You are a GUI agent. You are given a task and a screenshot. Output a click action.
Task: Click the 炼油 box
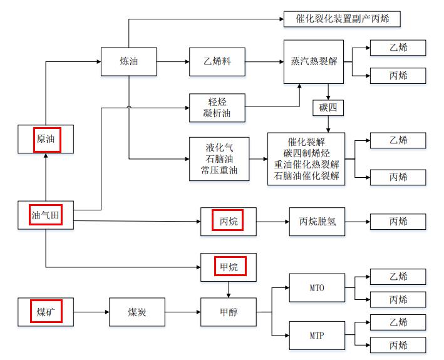(x=129, y=61)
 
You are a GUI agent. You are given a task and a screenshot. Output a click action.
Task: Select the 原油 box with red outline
(x=46, y=139)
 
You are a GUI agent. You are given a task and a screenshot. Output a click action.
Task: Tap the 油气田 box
(x=46, y=215)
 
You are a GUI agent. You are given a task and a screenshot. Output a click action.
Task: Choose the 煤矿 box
(x=46, y=311)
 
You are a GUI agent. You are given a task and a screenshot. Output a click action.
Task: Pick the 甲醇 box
(x=228, y=311)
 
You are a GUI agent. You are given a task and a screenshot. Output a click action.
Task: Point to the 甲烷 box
(x=228, y=267)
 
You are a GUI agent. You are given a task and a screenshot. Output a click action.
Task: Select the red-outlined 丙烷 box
(x=228, y=222)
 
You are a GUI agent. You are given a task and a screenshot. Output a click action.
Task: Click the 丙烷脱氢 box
(x=317, y=222)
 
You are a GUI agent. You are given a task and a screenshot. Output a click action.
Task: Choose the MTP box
(x=317, y=336)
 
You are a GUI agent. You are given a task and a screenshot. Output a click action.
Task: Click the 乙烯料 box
(x=217, y=61)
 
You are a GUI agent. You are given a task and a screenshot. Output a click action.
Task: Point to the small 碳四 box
(x=328, y=108)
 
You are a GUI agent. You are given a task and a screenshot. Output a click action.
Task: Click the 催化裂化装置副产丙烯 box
(x=342, y=19)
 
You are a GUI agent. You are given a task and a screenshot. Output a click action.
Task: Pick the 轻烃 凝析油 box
(x=217, y=108)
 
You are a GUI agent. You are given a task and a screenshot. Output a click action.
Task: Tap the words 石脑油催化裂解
(x=306, y=176)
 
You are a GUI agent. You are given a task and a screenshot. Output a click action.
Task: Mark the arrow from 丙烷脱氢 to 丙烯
(x=357, y=222)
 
